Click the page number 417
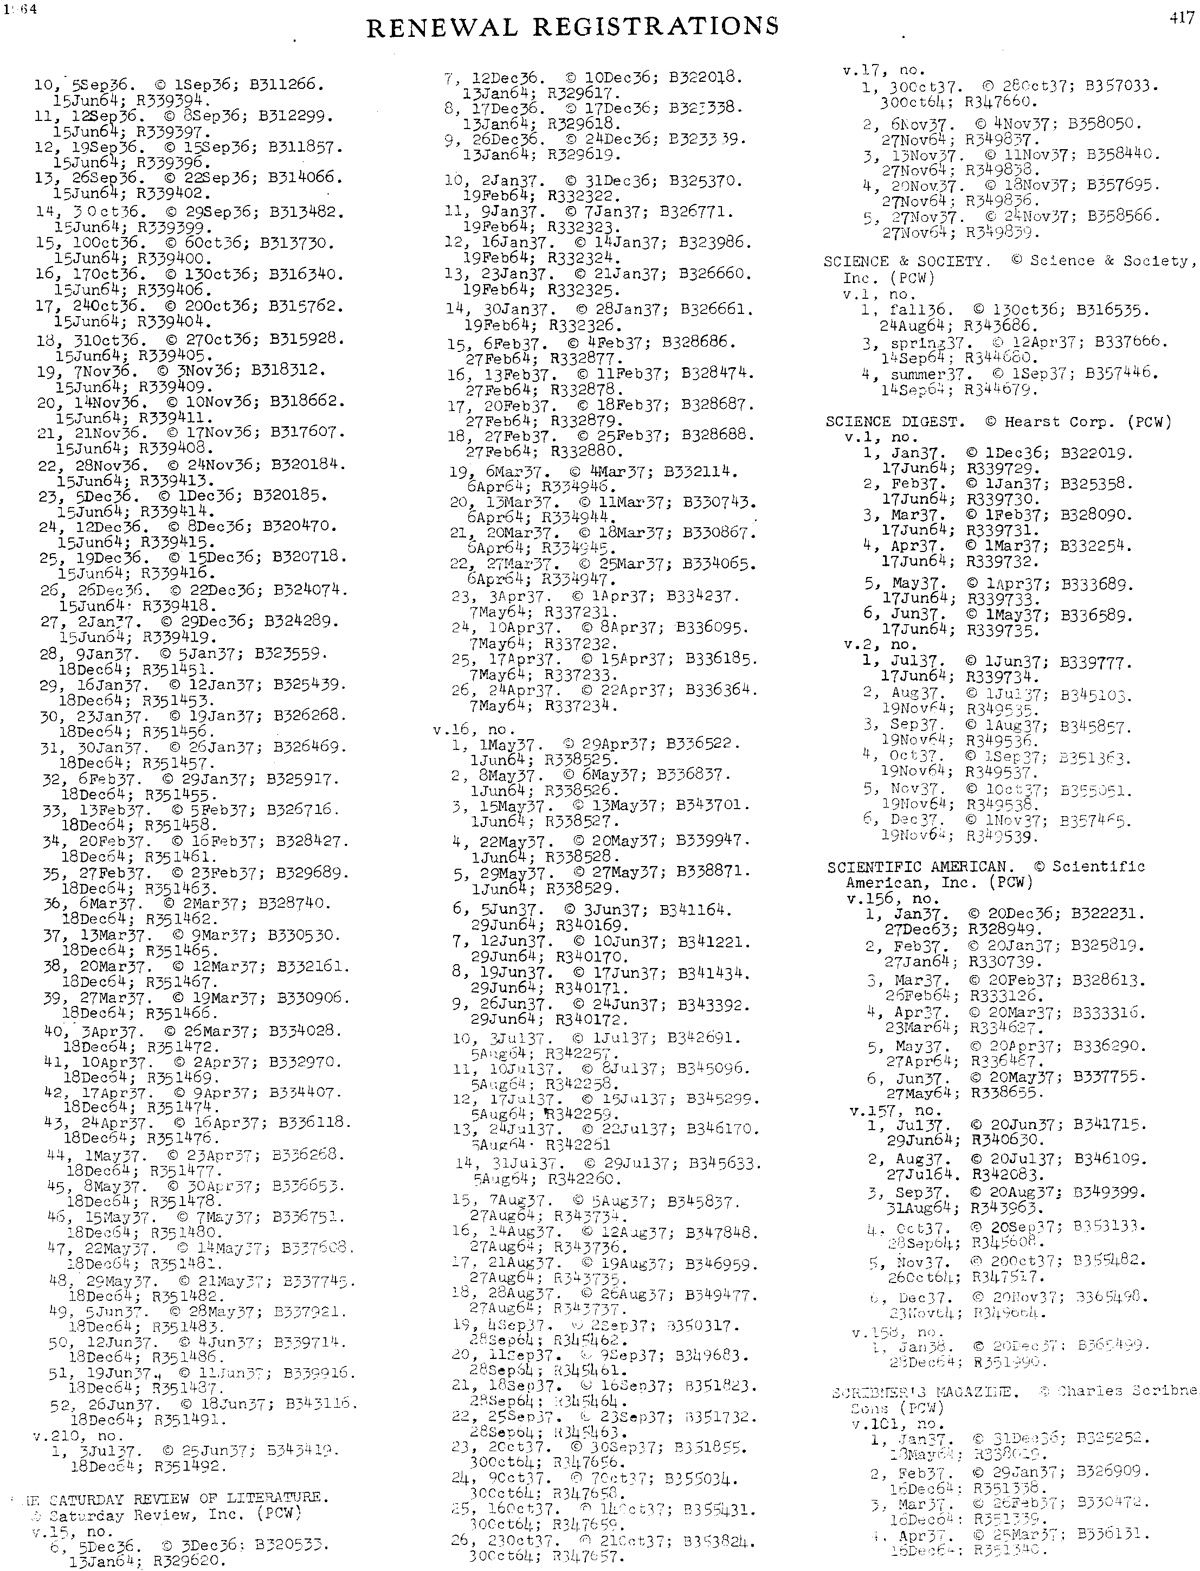click(1182, 18)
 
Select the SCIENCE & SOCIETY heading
click(907, 261)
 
